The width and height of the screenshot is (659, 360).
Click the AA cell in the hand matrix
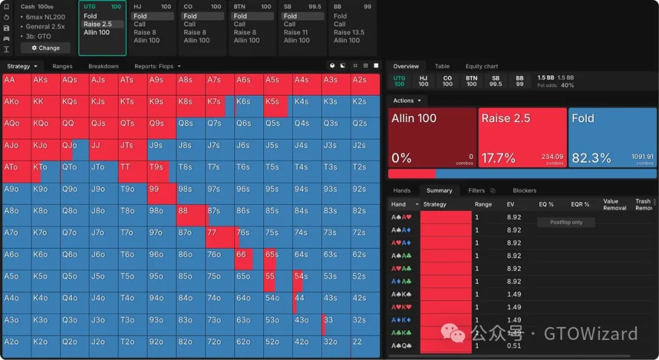pos(16,84)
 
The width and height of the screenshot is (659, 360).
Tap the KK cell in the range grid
pos(46,106)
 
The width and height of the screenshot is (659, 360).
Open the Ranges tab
pos(62,67)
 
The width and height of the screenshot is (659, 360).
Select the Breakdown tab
pos(103,67)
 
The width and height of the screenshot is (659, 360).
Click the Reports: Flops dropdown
pos(157,67)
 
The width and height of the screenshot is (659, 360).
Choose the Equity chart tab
pos(481,67)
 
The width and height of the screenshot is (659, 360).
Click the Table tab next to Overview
pos(442,67)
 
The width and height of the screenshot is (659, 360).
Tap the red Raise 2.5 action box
pos(522,138)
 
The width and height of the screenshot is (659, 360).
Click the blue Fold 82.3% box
pos(612,138)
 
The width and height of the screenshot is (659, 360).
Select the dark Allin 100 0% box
pos(432,138)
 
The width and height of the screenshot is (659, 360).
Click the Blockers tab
pos(524,190)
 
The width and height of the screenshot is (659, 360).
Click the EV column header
pos(511,204)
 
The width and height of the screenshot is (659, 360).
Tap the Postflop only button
pos(566,222)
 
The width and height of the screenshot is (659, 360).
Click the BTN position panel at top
pos(253,27)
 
